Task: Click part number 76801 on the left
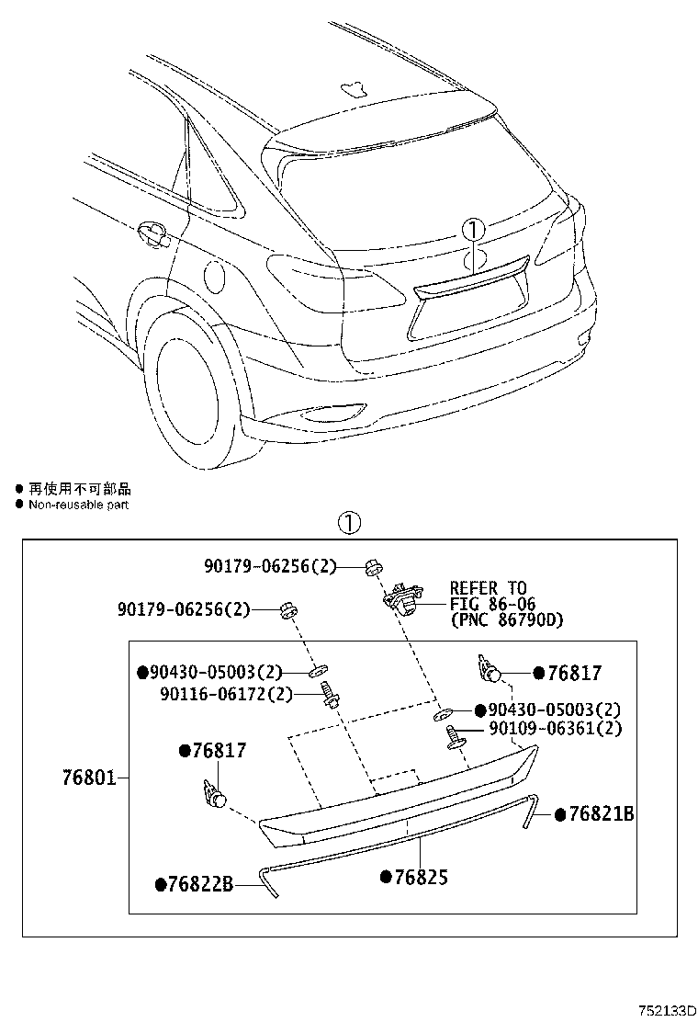(88, 778)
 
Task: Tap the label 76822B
(200, 884)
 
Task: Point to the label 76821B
(601, 814)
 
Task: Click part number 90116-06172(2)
(227, 694)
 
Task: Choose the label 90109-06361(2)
(555, 728)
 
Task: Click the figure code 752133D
(663, 1010)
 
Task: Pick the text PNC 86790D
(507, 619)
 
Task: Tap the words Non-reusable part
(78, 505)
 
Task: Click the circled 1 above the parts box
(349, 523)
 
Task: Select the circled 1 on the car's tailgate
(473, 230)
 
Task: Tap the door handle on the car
(152, 234)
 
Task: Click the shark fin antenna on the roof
(355, 88)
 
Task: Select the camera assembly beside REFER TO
(401, 597)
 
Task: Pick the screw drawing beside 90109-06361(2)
(452, 736)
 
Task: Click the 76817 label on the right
(574, 674)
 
